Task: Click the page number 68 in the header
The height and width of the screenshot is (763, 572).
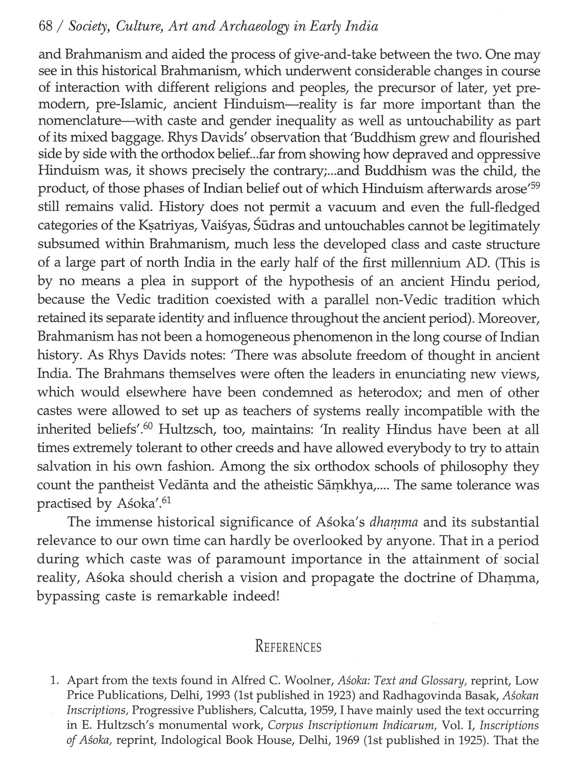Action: (x=45, y=26)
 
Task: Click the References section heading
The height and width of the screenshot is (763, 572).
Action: (x=288, y=647)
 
